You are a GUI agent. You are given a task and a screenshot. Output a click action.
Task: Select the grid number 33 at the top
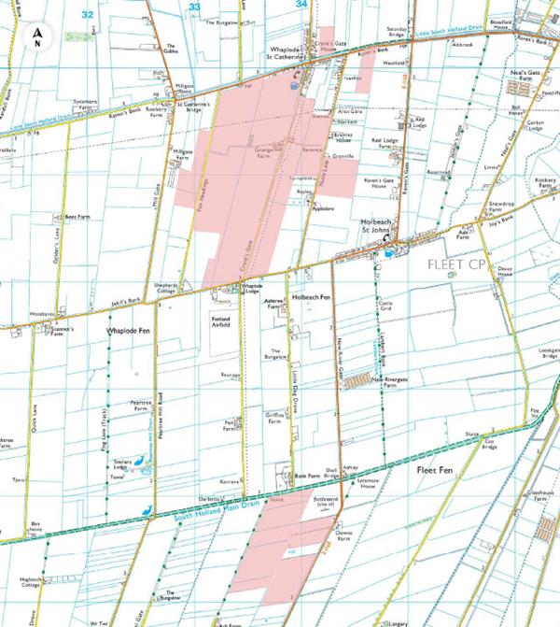click(195, 7)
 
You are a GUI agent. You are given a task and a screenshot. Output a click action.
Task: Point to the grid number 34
click(301, 5)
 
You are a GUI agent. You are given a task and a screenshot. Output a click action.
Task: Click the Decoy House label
click(505, 270)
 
